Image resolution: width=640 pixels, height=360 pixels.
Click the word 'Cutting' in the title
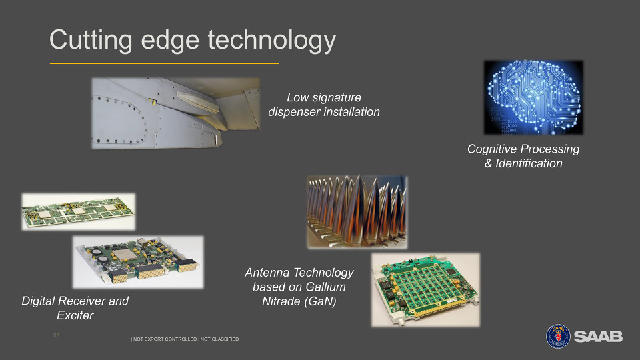[91, 41]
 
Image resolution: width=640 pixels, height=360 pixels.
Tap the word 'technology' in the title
[272, 41]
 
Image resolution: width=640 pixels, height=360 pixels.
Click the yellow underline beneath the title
[164, 63]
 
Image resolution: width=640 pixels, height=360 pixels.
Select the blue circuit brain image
[533, 97]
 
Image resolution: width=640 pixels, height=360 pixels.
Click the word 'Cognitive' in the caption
[492, 149]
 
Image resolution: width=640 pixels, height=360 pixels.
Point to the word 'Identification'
[529, 163]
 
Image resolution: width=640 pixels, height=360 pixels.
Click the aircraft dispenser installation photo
[175, 113]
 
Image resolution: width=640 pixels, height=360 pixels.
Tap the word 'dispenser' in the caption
[294, 112]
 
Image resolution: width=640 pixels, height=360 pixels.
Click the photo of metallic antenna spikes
[357, 212]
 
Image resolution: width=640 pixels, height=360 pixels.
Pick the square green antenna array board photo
[425, 290]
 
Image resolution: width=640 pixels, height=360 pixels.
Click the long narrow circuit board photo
[79, 211]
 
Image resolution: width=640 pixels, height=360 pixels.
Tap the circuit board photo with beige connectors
[138, 262]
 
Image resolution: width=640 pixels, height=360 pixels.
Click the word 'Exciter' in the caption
[75, 315]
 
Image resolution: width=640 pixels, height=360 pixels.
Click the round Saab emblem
[558, 336]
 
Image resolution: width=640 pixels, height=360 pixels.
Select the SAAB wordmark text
[598, 337]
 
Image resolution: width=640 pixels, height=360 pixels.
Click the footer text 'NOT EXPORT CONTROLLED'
[165, 339]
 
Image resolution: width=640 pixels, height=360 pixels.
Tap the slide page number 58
[56, 335]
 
